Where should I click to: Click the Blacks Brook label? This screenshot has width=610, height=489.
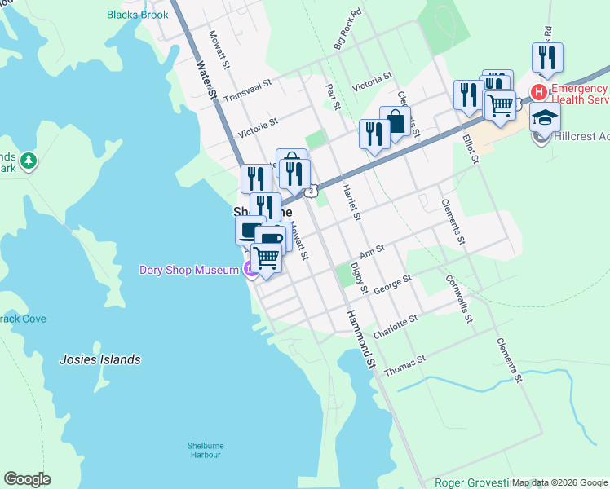pos(138,15)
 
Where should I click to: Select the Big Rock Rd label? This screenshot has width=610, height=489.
pos(347,30)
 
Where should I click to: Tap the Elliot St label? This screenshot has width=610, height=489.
pos(470,144)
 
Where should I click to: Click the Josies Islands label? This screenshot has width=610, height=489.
pos(100,359)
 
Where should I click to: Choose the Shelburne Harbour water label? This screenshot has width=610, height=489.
pos(201,449)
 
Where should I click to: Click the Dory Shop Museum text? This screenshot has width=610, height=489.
pos(188,270)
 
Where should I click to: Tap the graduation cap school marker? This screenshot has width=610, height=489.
pos(545,117)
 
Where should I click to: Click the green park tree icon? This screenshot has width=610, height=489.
pos(29,161)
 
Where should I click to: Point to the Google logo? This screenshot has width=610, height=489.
pos(27,479)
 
